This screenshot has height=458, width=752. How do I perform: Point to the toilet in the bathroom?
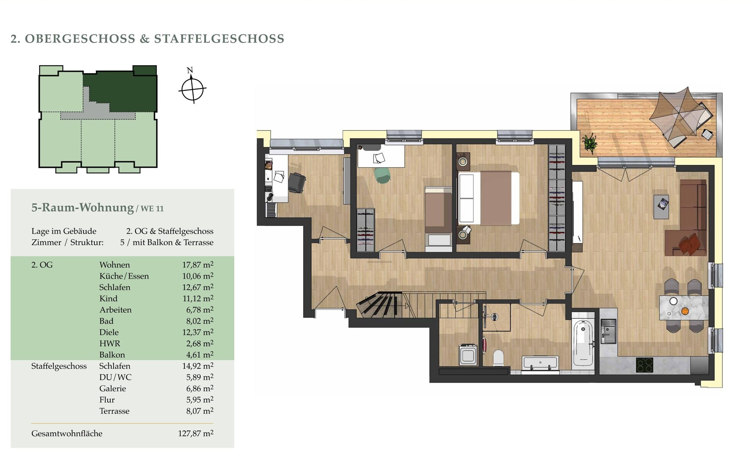coord(498,357)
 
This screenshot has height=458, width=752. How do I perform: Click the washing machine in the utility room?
coord(468,355)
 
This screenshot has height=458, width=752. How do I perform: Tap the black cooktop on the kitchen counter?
coord(644,365)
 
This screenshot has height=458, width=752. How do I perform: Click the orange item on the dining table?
coord(685,311)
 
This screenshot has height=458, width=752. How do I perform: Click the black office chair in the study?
coord(297,183)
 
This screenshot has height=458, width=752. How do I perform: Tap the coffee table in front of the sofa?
coord(661,206)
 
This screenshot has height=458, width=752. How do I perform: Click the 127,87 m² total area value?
coord(196,433)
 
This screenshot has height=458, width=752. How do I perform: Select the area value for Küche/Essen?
coord(198,276)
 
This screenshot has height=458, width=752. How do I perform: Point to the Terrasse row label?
coord(114,411)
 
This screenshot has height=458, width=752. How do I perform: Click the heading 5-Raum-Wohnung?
coord(83,207)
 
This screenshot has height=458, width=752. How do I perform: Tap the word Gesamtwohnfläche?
coord(67,433)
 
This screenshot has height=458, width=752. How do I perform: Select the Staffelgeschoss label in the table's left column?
coord(59,366)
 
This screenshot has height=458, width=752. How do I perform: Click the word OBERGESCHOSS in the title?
coord(80,39)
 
